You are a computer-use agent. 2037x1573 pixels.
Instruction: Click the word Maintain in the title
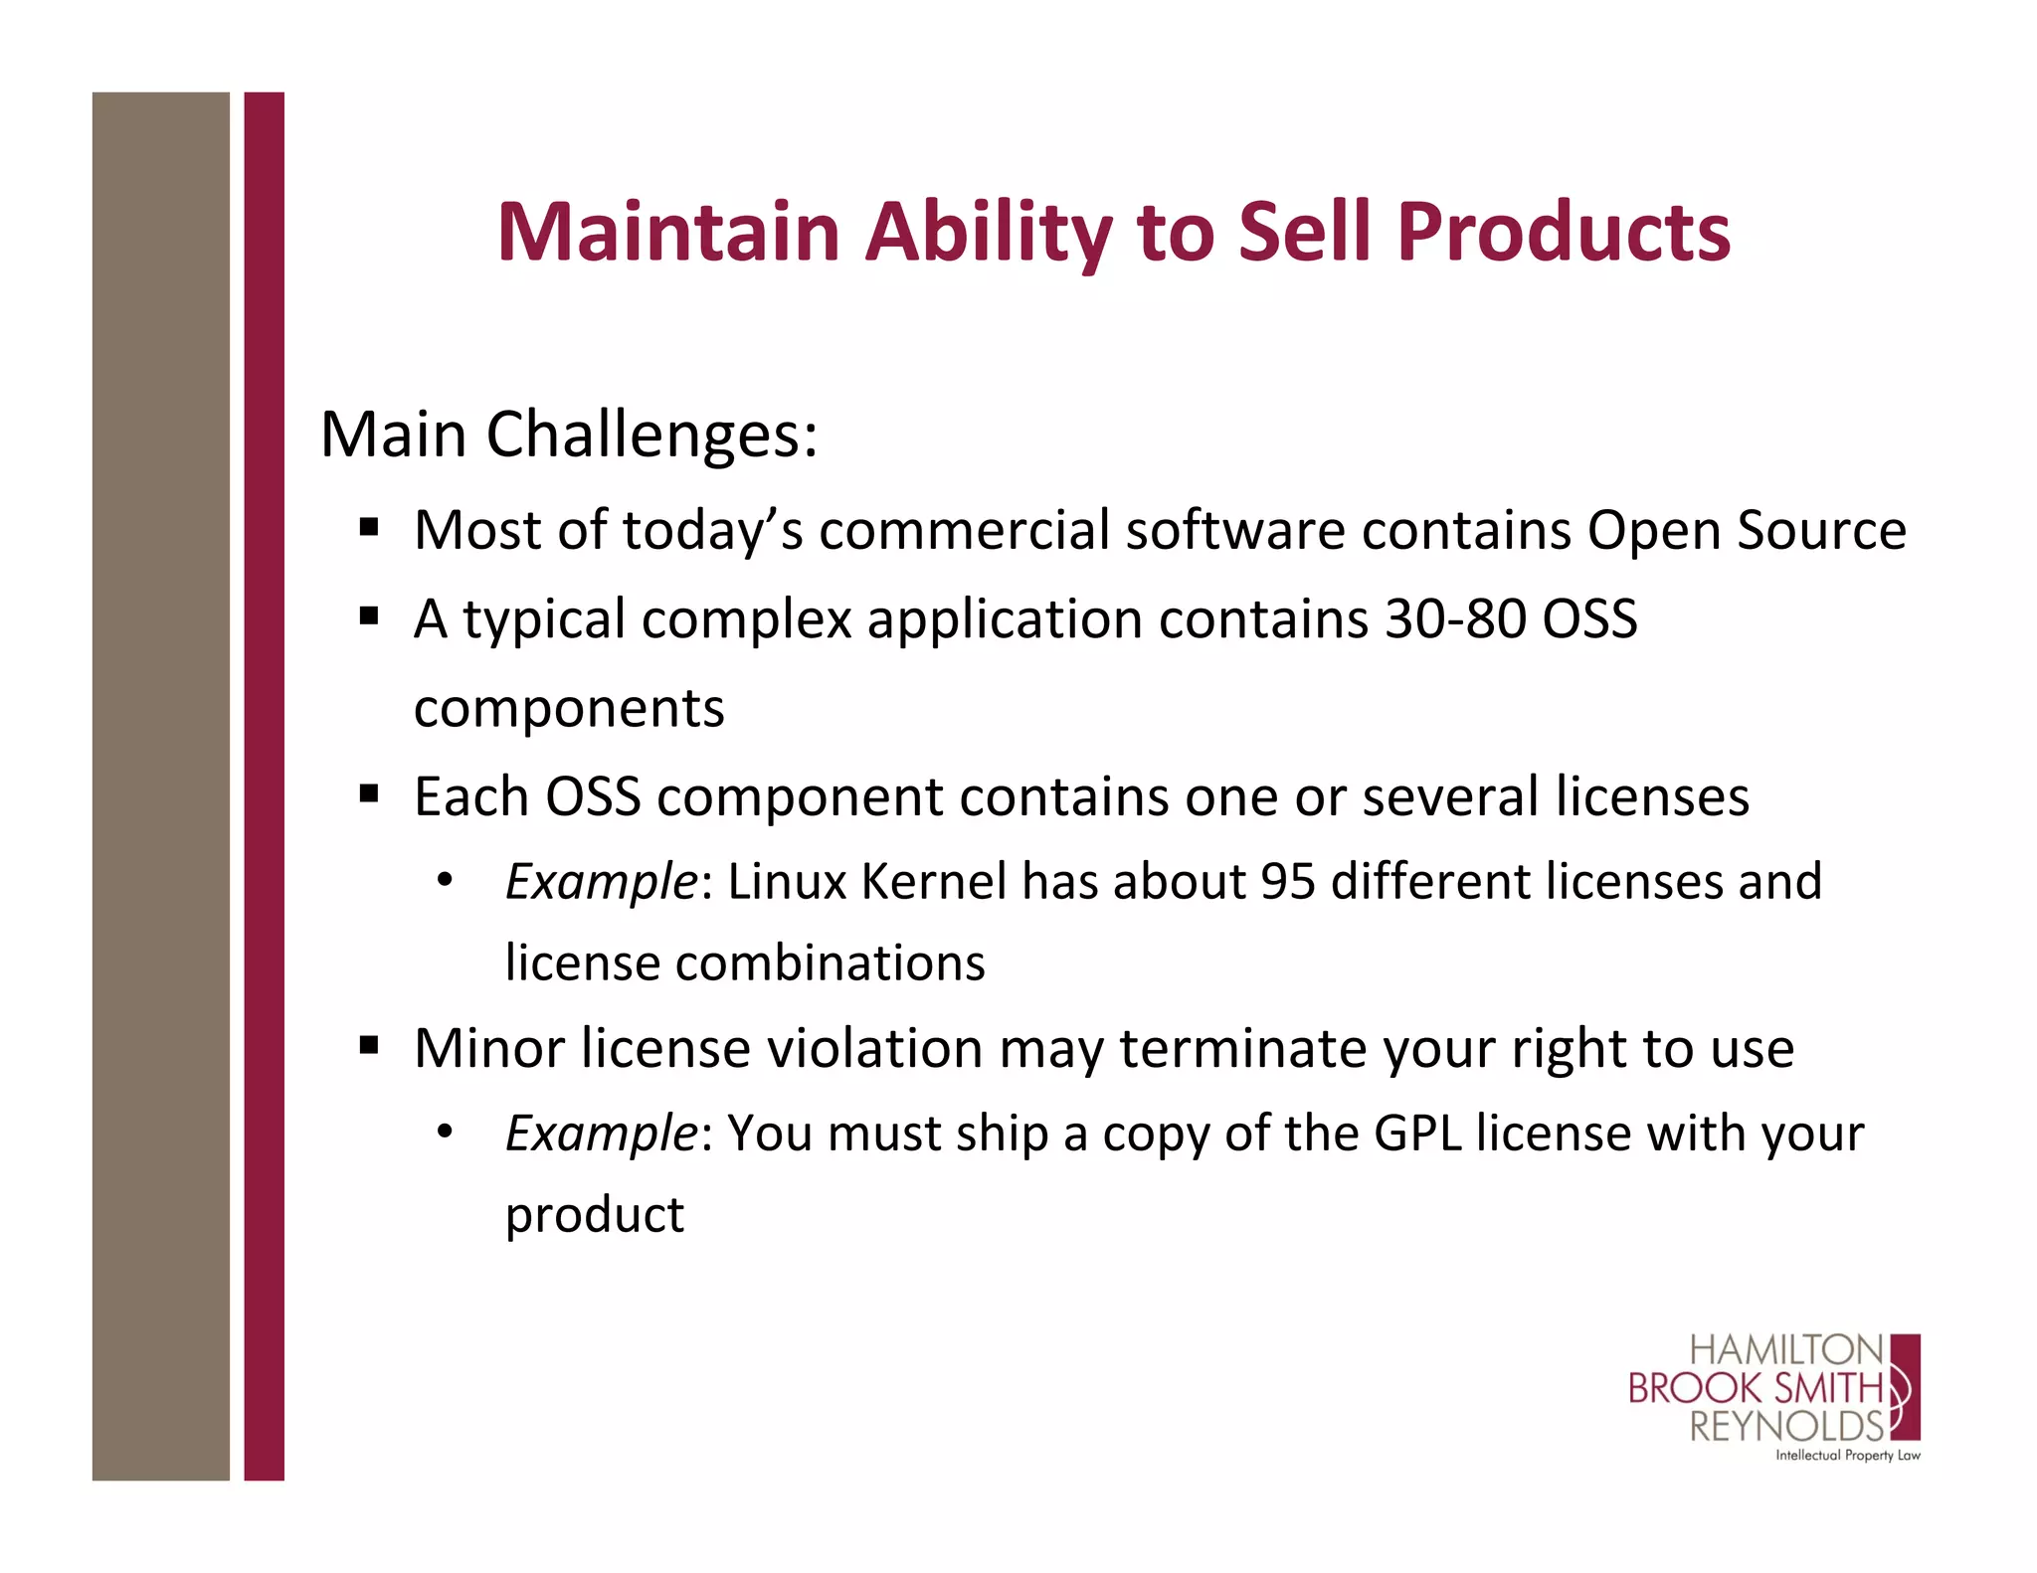(x=668, y=233)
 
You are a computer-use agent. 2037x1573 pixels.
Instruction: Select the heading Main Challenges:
(x=569, y=436)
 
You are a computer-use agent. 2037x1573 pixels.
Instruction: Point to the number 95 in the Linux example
(x=1287, y=882)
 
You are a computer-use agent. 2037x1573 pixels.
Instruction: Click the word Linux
(x=787, y=882)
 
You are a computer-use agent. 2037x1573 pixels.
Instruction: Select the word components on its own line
(x=569, y=709)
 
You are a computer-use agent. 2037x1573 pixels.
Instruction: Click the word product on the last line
(x=595, y=1215)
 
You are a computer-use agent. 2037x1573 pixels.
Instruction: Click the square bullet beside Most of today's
(x=369, y=527)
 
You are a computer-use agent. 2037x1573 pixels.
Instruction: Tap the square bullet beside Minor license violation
(x=369, y=1046)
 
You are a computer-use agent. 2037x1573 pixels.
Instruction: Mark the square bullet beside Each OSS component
(x=369, y=794)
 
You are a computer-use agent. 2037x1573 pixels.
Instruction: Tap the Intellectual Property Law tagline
(x=1847, y=1456)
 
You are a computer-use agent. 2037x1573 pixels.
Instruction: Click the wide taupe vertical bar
(x=160, y=786)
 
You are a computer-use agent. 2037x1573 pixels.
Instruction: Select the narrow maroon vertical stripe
(x=264, y=786)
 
